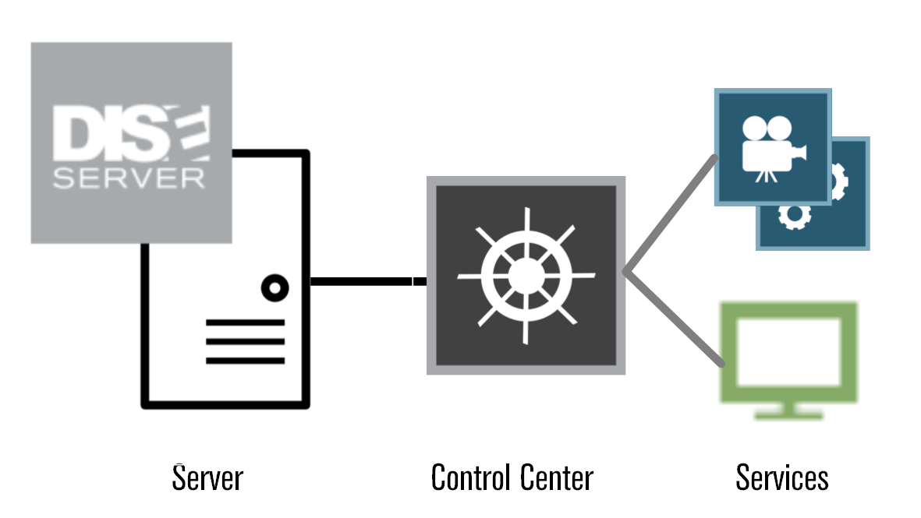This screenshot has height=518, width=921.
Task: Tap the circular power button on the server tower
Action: (274, 288)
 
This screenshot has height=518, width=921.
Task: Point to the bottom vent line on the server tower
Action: (245, 361)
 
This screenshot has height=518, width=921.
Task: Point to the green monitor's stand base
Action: (788, 414)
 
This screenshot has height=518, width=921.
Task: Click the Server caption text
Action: (207, 477)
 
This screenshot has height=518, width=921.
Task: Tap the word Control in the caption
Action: (468, 477)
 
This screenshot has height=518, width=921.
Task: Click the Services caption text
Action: (781, 477)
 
